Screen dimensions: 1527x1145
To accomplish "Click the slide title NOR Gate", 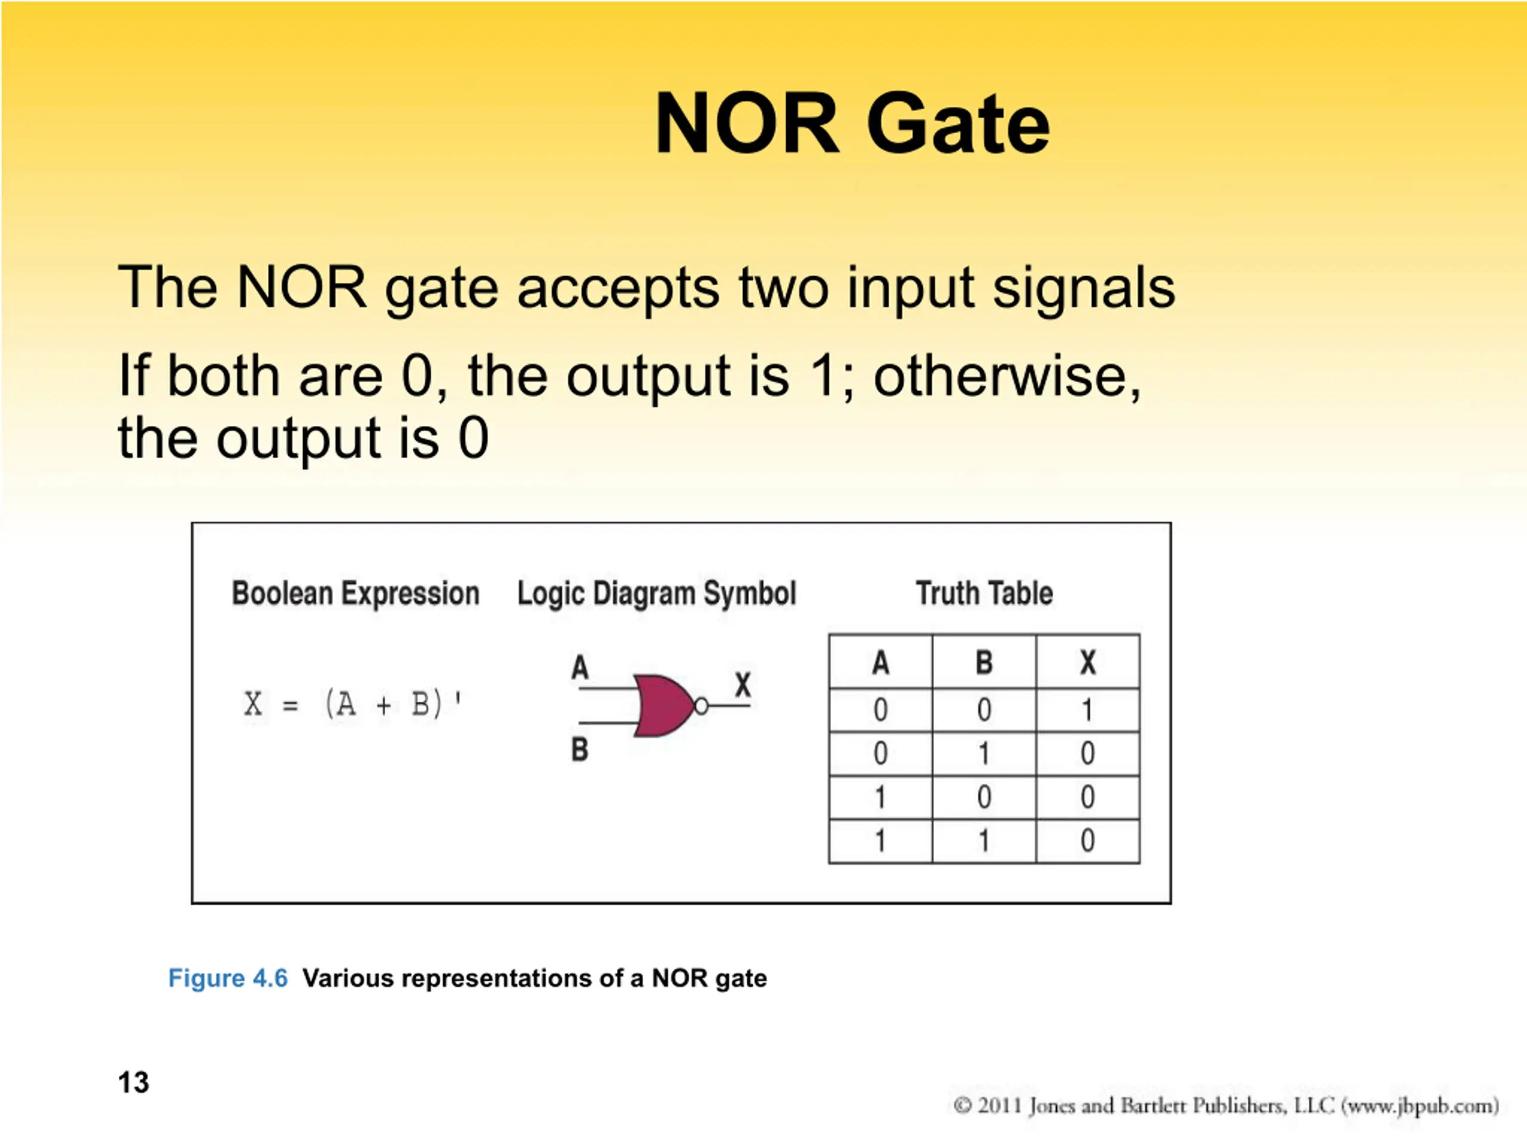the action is point(852,124).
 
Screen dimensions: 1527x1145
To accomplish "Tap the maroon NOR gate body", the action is point(663,705).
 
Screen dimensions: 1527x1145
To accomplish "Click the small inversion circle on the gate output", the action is point(701,706).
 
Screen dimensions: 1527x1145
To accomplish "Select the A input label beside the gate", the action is point(580,667).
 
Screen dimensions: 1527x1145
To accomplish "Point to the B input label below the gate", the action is point(580,749).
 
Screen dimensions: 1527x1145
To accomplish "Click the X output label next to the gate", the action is point(743,685).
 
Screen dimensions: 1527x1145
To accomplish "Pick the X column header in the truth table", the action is point(1088,662).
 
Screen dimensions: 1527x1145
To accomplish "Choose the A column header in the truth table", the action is point(881,662).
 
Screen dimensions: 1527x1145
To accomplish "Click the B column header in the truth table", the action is point(984,662).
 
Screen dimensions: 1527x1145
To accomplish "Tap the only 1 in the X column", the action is point(1087,710).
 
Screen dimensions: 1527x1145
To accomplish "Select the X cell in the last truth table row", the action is point(1088,841).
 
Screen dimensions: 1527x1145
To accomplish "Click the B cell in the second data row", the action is point(984,753).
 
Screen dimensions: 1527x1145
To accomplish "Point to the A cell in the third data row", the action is point(880,797).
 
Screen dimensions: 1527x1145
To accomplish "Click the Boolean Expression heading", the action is point(356,593).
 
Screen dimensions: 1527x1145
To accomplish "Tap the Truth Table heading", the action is point(984,593).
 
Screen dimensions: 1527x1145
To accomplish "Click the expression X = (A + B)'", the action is point(353,705).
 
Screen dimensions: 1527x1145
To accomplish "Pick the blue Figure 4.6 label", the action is point(228,978).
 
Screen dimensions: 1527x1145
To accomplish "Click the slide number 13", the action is point(133,1082).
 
